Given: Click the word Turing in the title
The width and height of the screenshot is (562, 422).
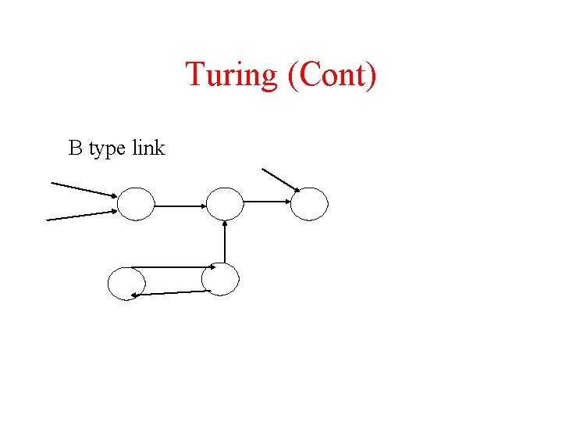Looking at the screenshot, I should [x=231, y=76].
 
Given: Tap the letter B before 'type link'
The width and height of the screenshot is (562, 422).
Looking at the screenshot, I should [x=76, y=148].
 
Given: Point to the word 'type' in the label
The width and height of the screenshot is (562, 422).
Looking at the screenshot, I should [x=107, y=149].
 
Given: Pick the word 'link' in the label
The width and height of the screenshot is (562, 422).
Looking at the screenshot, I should [x=148, y=148].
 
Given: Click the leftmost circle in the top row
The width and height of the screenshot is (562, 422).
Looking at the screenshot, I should [x=136, y=204].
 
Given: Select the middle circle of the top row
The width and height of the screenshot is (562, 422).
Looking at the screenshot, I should [x=225, y=204].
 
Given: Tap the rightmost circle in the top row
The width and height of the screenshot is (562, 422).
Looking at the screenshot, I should [x=310, y=203].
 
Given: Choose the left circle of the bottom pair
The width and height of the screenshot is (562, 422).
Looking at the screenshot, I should [x=126, y=284].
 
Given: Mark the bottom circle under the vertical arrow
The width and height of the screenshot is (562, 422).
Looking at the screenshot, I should [x=220, y=279].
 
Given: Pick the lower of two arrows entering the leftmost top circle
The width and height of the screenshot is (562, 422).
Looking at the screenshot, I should [x=81, y=215].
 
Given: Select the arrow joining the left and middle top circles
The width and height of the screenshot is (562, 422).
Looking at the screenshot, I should [x=180, y=206].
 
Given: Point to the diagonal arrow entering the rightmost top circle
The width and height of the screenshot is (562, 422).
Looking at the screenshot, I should [x=279, y=179].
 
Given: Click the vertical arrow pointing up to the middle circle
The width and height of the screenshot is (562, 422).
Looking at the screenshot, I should [x=225, y=243].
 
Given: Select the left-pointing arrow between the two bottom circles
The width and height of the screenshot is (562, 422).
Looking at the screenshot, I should [x=172, y=293].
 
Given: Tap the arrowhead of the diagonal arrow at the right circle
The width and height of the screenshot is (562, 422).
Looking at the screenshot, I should [x=296, y=188].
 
